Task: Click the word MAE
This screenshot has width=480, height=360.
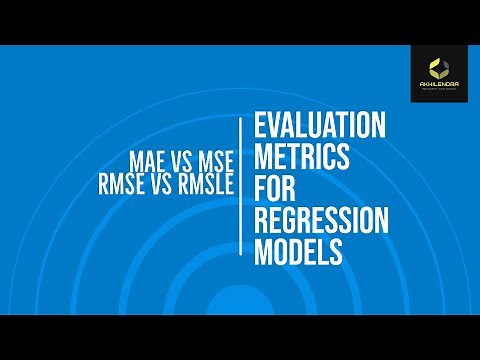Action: coord(148,160)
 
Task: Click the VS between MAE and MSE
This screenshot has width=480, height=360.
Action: coord(179,160)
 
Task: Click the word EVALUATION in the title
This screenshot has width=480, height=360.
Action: coord(320,127)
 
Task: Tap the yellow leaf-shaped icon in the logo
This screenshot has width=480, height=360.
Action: coord(439,68)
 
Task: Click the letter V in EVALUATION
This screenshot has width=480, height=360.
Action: coord(275,127)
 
